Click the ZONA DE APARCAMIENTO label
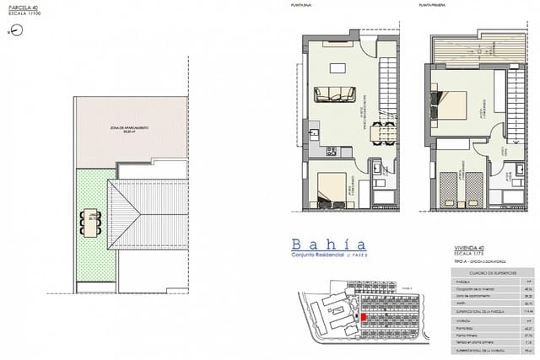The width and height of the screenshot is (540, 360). click(128, 127)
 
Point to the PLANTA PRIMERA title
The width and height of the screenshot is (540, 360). click(431, 6)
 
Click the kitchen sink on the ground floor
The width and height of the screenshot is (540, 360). click(313, 133)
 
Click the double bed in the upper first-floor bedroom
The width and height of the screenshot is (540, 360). click(452, 105)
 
